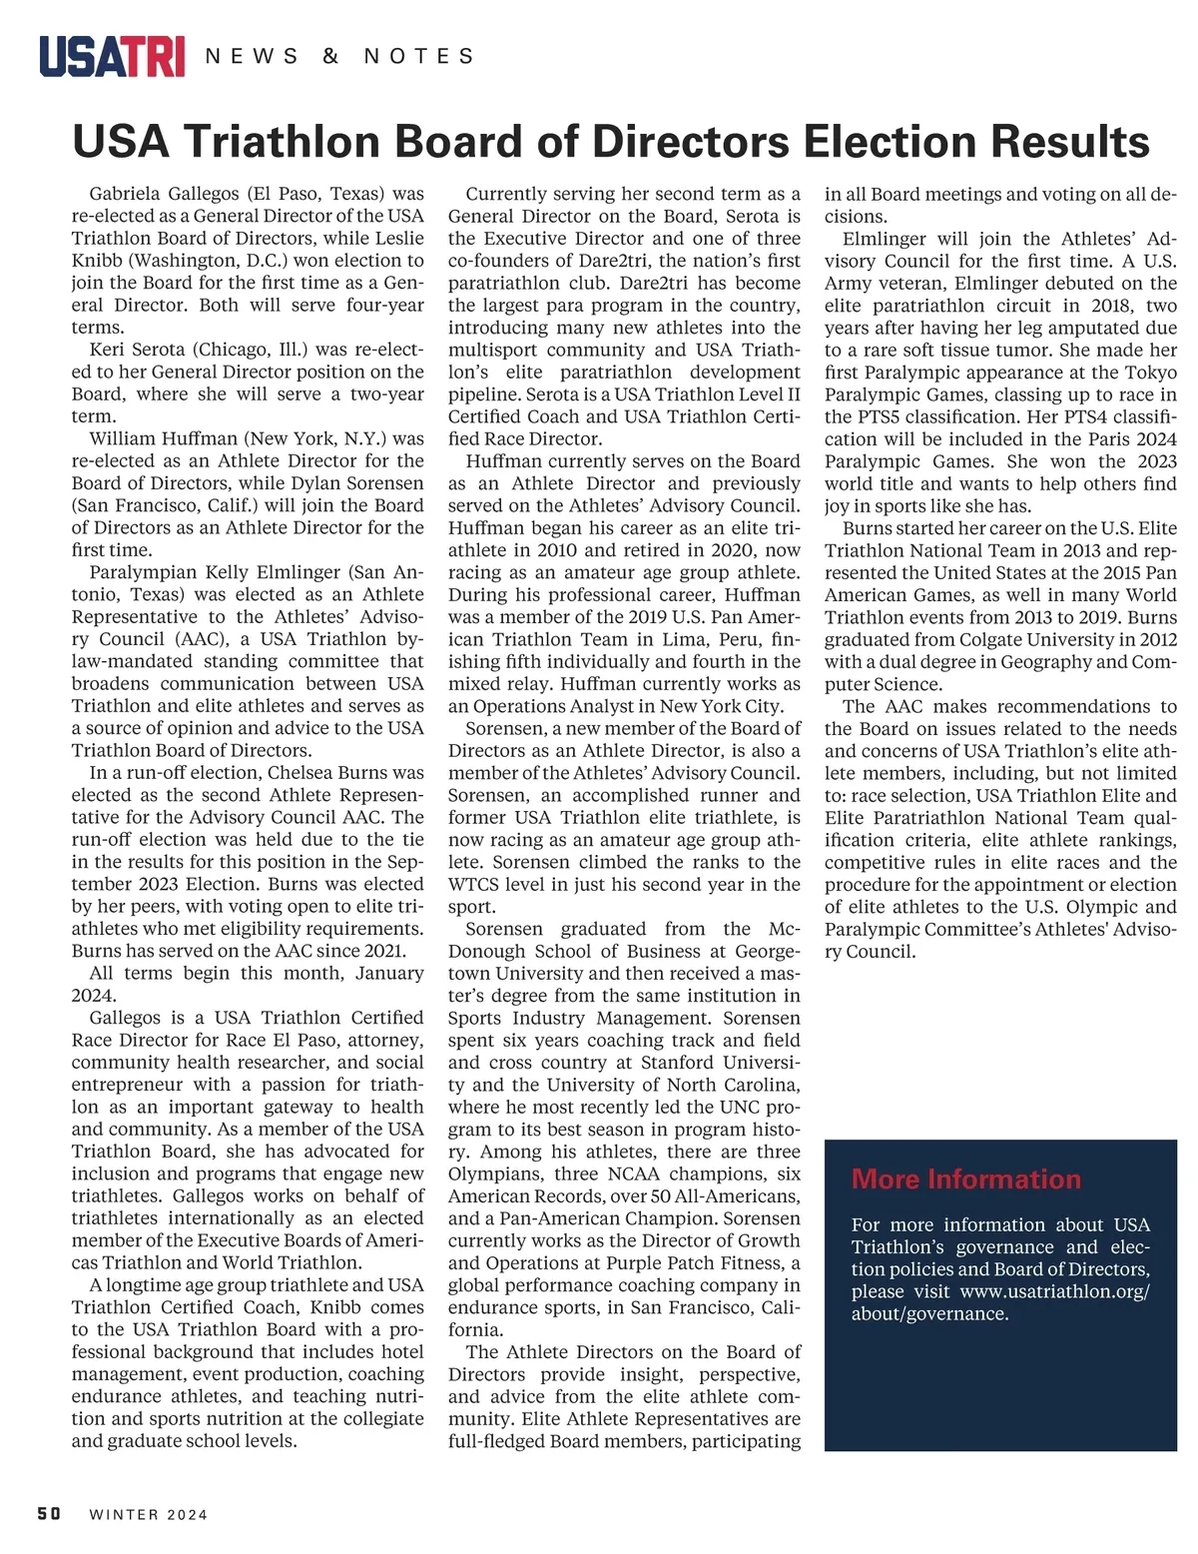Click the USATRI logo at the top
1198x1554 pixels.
(x=112, y=56)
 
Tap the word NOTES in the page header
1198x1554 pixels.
(x=419, y=57)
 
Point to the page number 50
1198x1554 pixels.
(x=49, y=1514)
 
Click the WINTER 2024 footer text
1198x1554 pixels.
(x=149, y=1515)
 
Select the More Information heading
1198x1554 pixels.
(x=965, y=1179)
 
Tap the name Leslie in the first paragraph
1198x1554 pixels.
(x=398, y=239)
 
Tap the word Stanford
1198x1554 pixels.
(x=678, y=1063)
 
